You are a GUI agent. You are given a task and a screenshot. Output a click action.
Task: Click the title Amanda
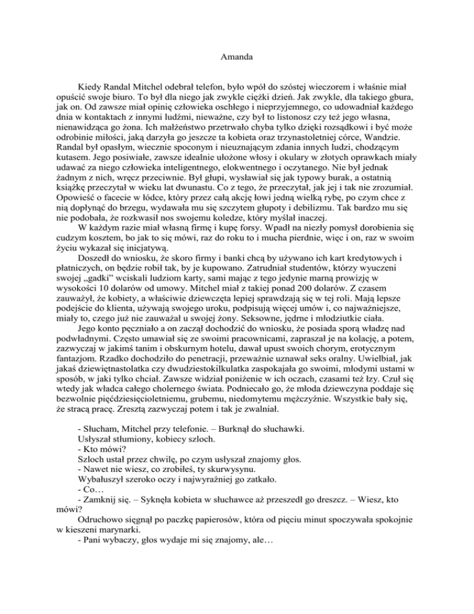(x=236, y=60)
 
